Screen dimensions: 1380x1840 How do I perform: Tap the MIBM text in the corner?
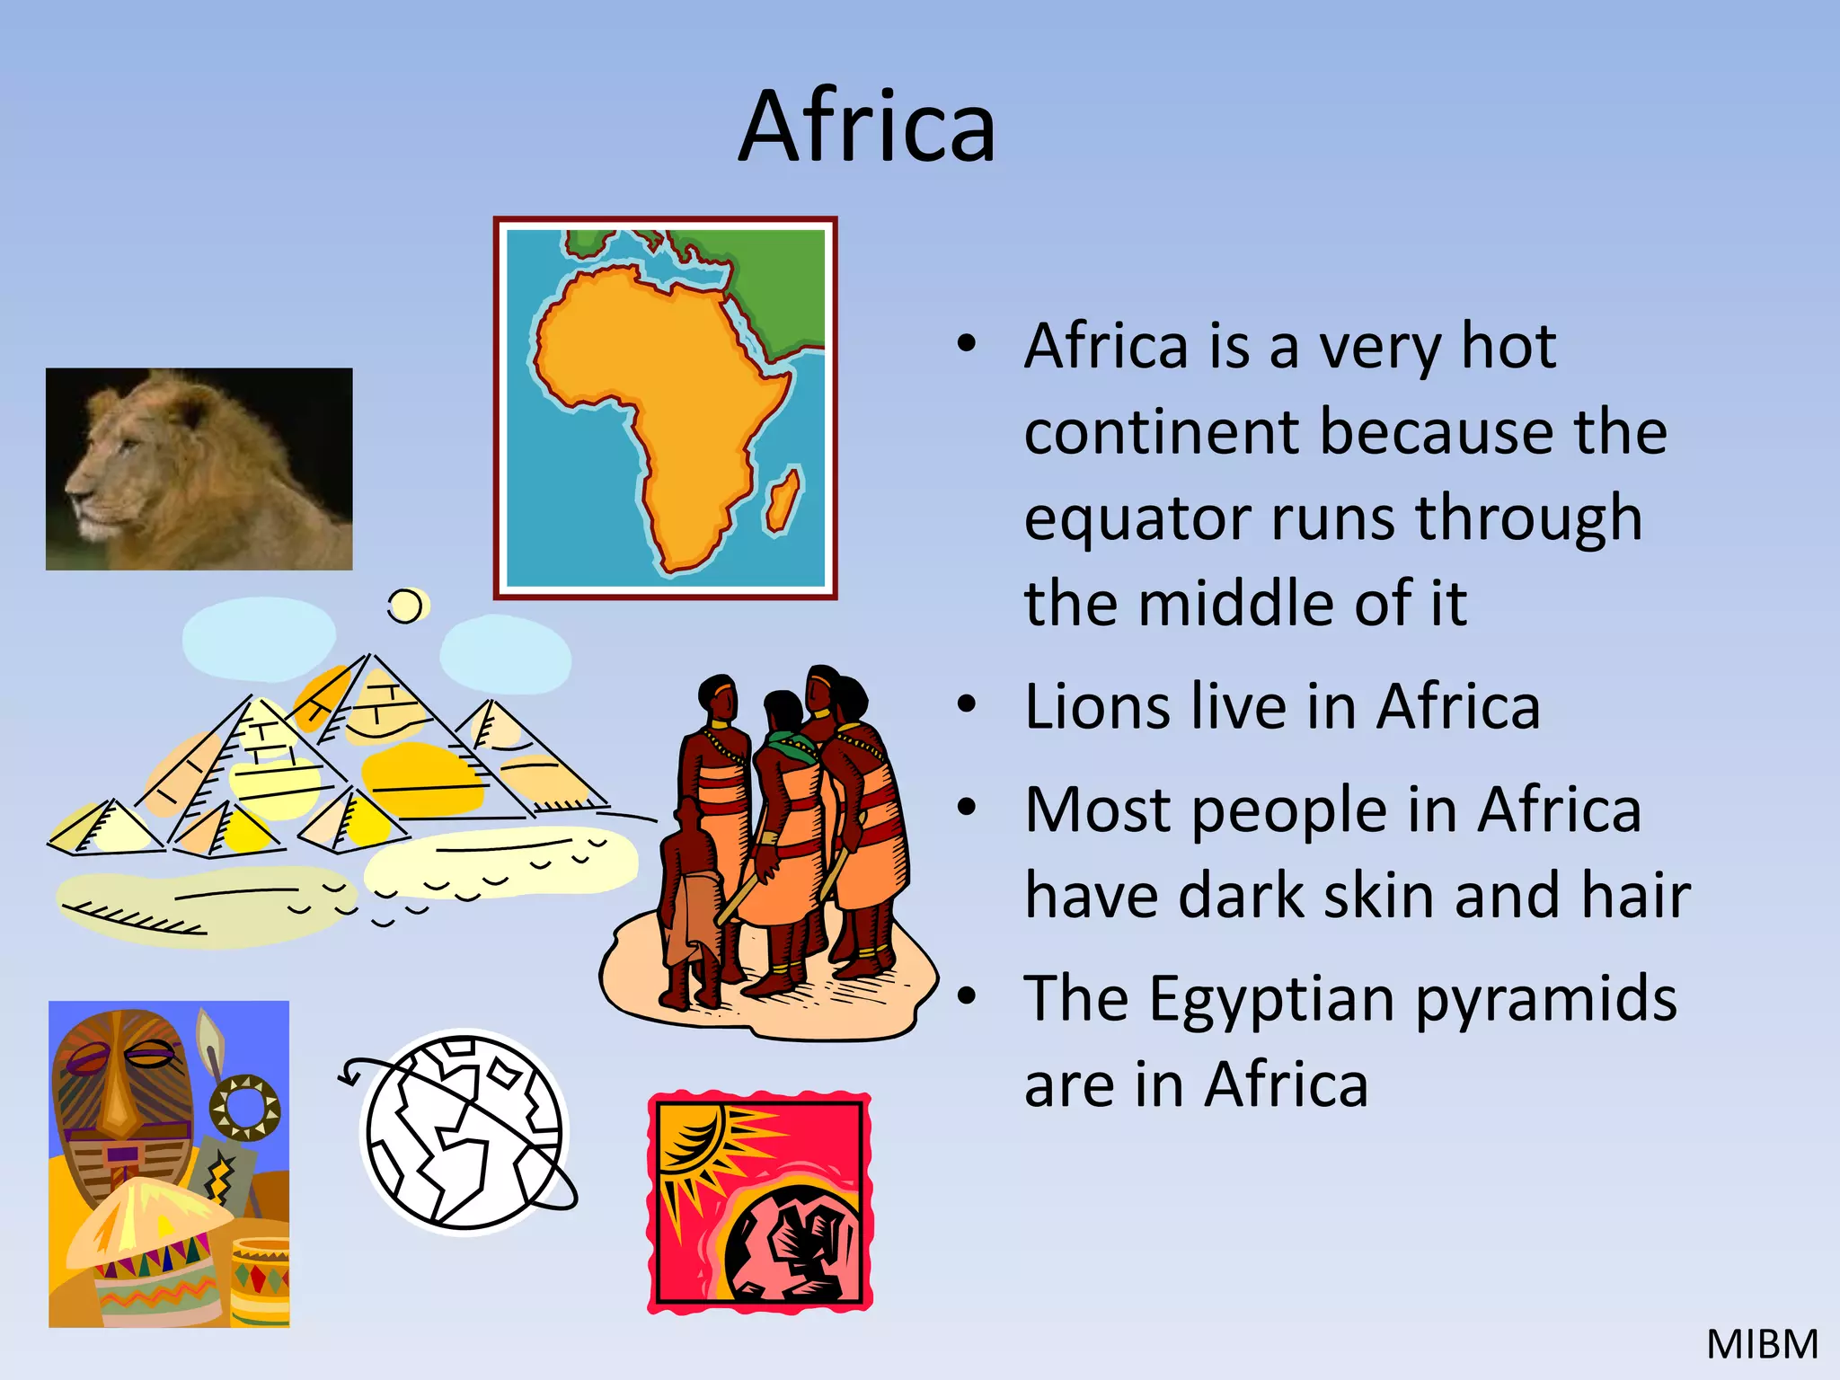pos(1762,1345)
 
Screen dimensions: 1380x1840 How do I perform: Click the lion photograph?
pos(199,469)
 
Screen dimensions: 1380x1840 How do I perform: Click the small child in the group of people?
pos(692,907)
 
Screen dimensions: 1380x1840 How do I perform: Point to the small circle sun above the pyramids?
pos(406,606)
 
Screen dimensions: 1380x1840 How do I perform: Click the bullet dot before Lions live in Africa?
pos(966,705)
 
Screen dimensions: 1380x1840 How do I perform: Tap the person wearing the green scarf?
pos(786,809)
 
